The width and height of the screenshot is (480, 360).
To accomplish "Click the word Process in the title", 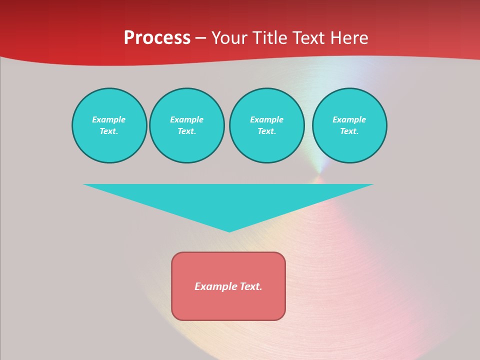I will pos(157,38).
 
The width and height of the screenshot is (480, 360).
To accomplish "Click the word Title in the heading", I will pos(270,38).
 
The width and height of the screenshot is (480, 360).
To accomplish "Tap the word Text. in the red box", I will pos(250,286).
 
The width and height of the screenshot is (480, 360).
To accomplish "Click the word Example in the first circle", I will pos(109,119).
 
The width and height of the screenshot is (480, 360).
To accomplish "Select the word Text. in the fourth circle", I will pos(349,131).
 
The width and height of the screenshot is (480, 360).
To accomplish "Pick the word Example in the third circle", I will pos(266,119).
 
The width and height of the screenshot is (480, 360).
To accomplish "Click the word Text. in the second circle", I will pos(186,131).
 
